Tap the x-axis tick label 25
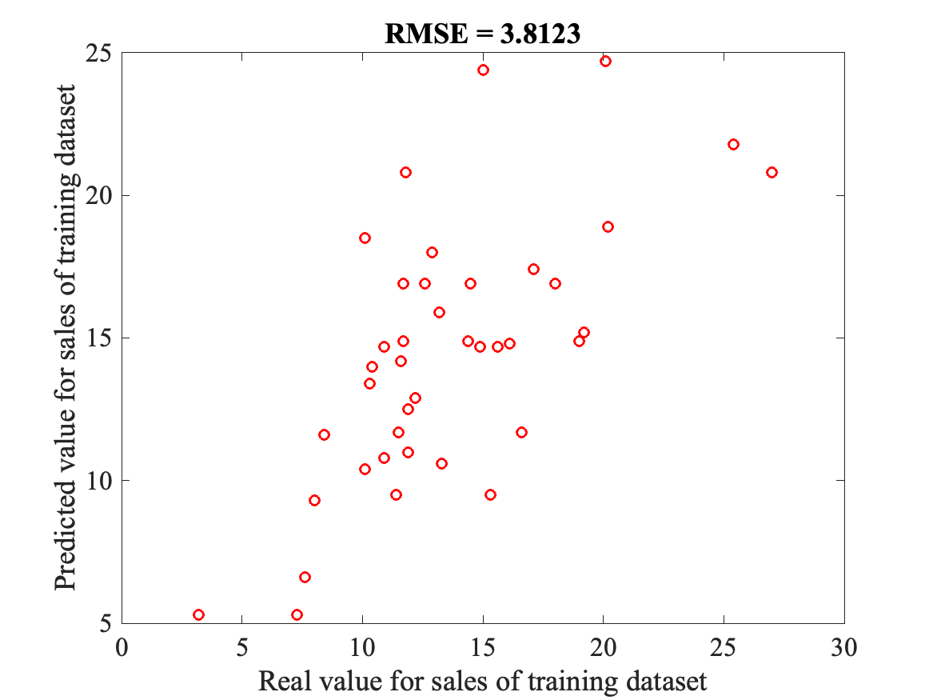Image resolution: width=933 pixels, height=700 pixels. coord(724,644)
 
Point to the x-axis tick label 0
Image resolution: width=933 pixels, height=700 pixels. coord(122,644)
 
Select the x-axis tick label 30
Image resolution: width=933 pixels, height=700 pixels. coord(844,644)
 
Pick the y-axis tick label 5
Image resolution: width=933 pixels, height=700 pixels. coord(106,623)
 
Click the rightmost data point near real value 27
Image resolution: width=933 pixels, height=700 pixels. coord(772,173)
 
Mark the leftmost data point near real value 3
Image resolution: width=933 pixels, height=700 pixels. coord(198,614)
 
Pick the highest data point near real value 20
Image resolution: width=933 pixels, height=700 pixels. coord(605,62)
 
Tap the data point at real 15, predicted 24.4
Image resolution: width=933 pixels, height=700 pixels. coord(483,70)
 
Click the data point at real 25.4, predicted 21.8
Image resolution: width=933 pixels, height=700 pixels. coord(733,145)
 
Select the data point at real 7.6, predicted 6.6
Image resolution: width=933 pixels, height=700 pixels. coord(305,578)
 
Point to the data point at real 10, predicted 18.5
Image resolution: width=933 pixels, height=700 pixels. coord(365,238)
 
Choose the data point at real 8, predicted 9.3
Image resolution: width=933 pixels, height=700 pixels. coord(314,501)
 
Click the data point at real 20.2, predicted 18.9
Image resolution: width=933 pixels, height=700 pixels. coord(608,227)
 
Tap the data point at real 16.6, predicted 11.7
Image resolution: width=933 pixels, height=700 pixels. coord(521,433)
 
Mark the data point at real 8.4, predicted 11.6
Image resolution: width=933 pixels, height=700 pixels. coord(324,435)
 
